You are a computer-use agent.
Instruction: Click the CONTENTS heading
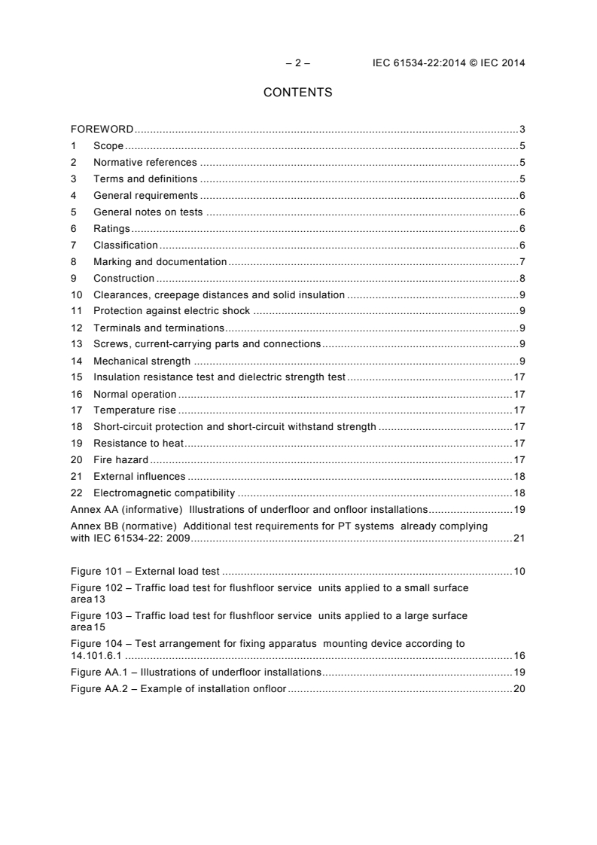(298, 93)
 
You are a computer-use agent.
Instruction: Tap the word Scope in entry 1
(108, 146)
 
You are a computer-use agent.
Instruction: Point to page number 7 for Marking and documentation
(522, 262)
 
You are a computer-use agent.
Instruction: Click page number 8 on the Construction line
(522, 279)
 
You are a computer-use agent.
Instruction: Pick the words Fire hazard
(120, 459)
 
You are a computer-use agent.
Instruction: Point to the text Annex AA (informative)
(126, 510)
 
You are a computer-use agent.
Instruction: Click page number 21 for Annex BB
(519, 538)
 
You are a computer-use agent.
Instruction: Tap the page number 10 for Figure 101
(519, 572)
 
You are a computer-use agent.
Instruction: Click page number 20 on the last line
(519, 689)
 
